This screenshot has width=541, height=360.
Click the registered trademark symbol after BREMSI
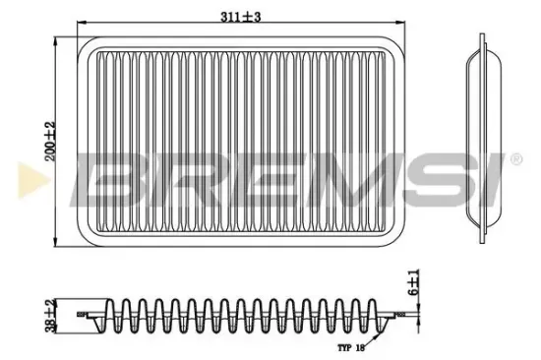coord(513,158)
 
